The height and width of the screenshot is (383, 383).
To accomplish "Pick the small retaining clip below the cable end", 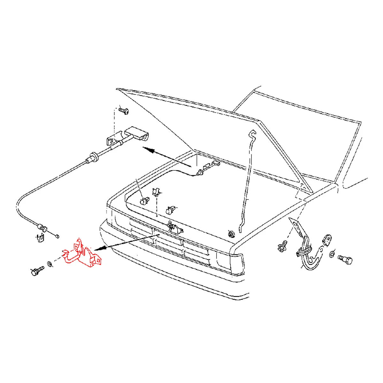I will [x=40, y=237].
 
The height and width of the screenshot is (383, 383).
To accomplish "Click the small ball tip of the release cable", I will [x=57, y=236].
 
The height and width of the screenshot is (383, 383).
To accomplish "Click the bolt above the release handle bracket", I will [x=124, y=110].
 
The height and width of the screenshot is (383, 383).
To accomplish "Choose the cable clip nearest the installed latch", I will [x=170, y=210].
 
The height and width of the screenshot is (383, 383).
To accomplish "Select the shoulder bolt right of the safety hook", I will [x=345, y=259].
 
